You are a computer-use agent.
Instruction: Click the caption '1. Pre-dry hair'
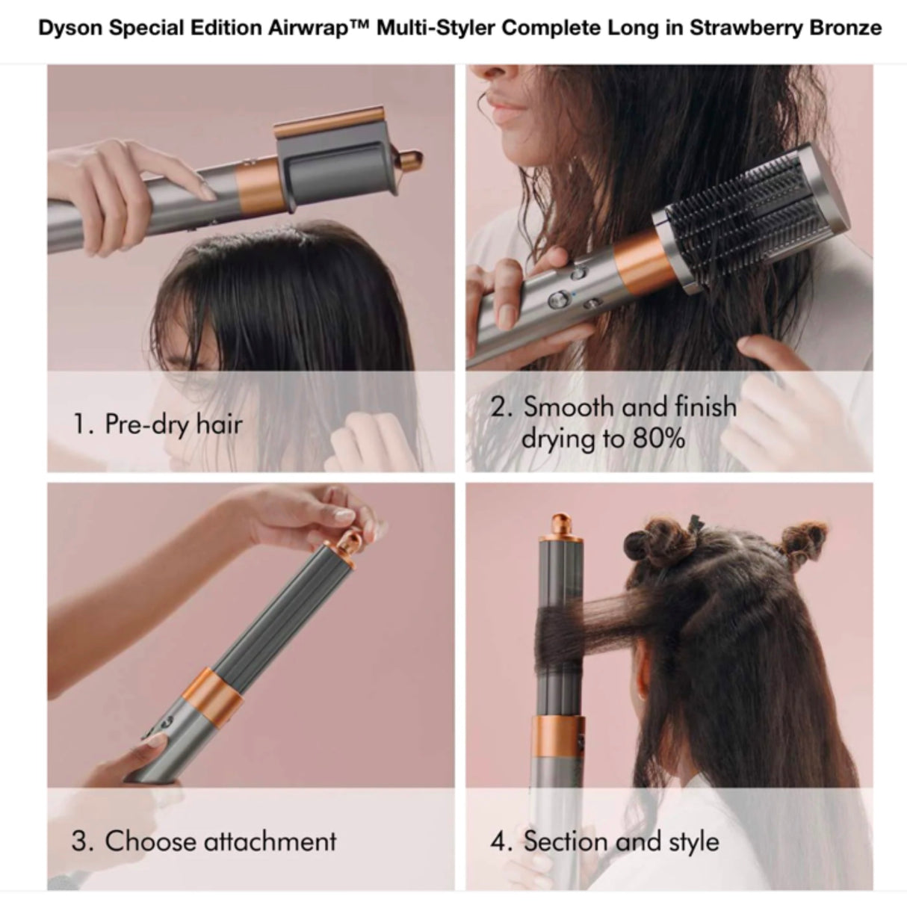point(158,424)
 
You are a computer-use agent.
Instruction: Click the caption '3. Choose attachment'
point(204,841)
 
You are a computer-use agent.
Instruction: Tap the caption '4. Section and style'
point(604,841)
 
